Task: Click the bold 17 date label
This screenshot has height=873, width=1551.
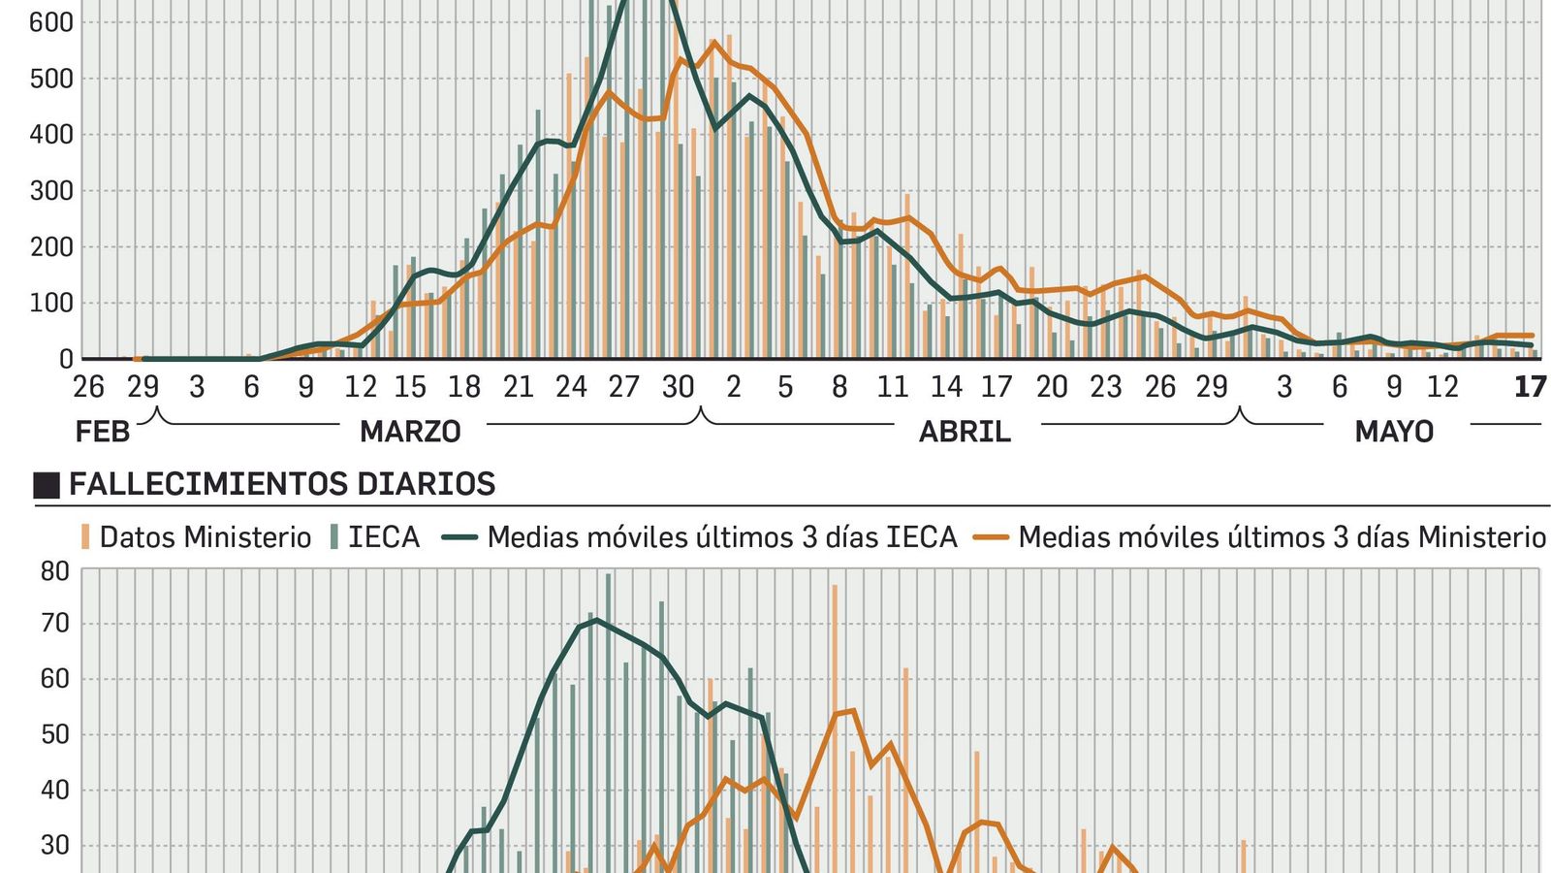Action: (1530, 387)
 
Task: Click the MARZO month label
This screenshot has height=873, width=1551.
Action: (410, 432)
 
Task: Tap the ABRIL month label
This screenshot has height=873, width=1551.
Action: (965, 432)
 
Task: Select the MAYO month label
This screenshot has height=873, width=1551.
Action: (1393, 432)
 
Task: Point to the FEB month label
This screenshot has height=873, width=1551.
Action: (102, 432)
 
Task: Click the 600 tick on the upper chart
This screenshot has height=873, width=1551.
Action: (51, 22)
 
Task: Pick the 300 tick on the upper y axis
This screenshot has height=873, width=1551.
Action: (51, 191)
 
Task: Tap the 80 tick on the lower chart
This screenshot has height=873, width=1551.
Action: (55, 571)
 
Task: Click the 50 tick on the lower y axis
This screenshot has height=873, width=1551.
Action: (55, 734)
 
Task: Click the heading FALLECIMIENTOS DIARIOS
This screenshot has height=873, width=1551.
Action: (281, 484)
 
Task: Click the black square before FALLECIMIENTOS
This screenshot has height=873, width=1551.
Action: (47, 485)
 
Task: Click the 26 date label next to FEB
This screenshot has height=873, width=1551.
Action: (88, 387)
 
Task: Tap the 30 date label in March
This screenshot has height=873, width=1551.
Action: (678, 387)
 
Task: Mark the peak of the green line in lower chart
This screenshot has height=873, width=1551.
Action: (596, 620)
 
